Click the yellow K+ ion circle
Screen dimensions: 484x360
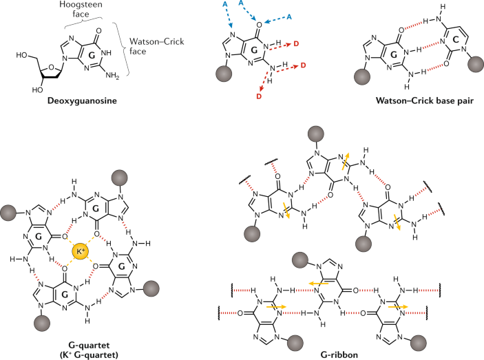(x=81, y=251)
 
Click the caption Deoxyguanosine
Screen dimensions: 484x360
(x=82, y=101)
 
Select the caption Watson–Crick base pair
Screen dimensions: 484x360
(x=424, y=100)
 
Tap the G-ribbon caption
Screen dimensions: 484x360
(x=339, y=354)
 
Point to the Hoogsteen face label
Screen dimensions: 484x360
(x=81, y=9)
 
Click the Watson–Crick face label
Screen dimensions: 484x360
(x=156, y=46)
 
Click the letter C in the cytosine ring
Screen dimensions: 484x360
(x=456, y=40)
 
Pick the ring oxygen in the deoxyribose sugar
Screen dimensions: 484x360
(x=51, y=67)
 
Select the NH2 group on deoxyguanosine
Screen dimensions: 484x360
(x=112, y=75)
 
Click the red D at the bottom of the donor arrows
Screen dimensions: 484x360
(x=259, y=96)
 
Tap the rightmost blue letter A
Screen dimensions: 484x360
(x=289, y=17)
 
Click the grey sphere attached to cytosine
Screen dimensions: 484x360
(x=476, y=64)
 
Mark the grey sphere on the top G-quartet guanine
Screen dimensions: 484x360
(x=119, y=178)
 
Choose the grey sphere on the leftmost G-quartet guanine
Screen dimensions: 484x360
(x=9, y=212)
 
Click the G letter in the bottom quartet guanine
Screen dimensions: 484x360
(x=65, y=295)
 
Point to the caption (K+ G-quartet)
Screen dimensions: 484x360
(x=89, y=354)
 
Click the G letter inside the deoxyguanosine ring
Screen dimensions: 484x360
(x=92, y=56)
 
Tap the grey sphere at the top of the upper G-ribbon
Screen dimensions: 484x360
(x=316, y=134)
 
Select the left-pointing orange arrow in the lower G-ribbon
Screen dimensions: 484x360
(x=319, y=283)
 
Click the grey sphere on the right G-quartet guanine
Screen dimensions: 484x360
(x=151, y=289)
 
